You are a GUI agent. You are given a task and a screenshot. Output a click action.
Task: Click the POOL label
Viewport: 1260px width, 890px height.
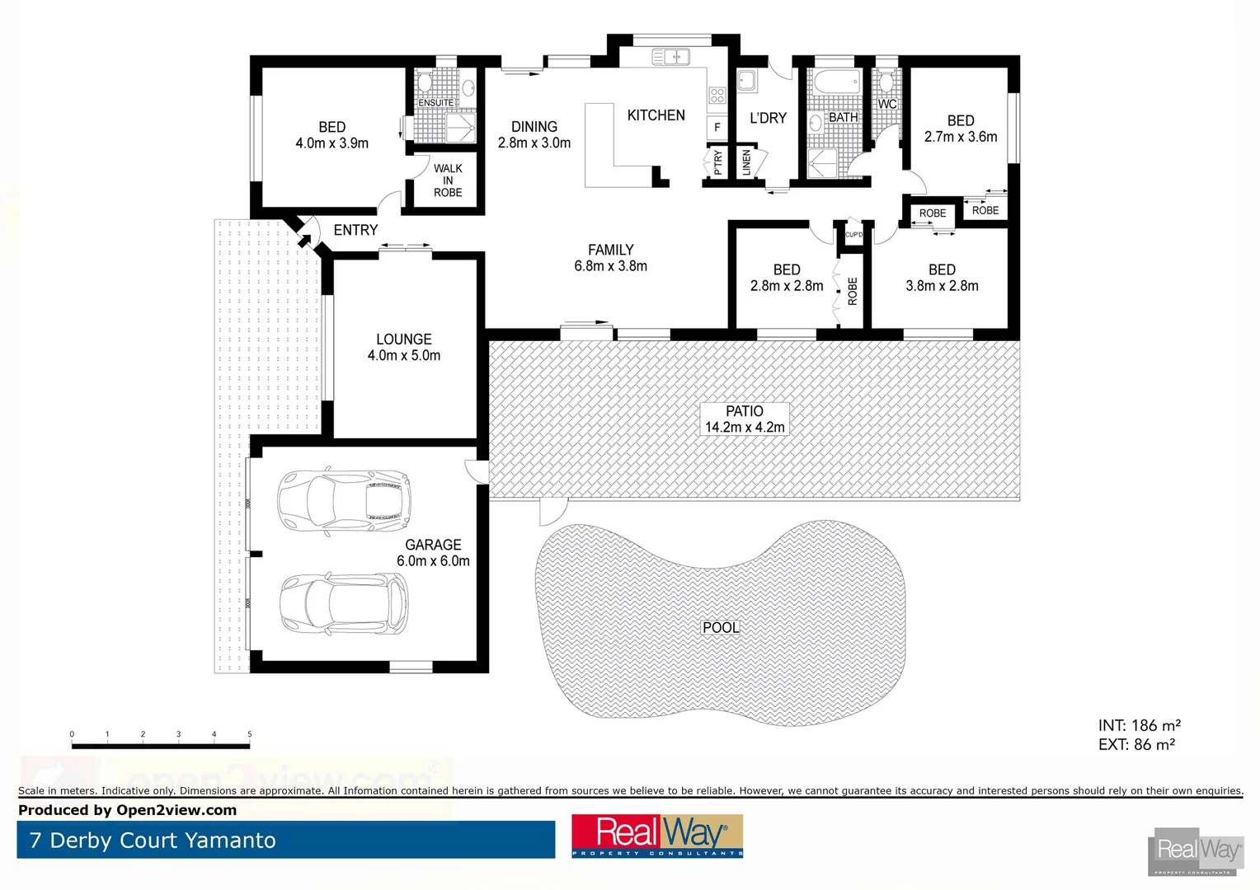721,627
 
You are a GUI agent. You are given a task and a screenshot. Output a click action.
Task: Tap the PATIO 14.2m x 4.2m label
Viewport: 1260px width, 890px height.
745,419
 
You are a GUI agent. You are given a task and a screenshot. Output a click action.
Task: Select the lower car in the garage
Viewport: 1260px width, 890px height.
344,603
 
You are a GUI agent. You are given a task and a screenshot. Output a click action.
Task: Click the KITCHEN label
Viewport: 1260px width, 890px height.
656,115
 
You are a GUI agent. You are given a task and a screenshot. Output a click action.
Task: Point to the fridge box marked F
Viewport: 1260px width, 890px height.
717,128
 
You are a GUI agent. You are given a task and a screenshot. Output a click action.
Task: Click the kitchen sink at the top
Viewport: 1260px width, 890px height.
670,57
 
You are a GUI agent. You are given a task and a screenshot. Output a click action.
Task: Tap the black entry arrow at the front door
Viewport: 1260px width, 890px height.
304,240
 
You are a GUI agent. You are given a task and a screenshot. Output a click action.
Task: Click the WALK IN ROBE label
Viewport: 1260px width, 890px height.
448,180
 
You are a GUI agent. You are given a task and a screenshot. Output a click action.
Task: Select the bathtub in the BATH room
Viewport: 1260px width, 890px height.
835,82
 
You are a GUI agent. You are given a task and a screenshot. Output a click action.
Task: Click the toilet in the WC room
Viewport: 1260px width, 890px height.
886,82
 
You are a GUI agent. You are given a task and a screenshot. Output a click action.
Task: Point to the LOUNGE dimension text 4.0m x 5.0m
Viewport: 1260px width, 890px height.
404,356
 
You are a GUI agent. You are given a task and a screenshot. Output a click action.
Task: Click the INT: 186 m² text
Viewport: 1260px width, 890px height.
1139,726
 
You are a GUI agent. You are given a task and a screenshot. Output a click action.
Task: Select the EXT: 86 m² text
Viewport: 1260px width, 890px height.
1136,745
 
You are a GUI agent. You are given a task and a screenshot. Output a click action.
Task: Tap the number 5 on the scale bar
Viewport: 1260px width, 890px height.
249,734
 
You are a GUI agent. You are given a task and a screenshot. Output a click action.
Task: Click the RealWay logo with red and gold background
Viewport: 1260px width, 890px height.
657,836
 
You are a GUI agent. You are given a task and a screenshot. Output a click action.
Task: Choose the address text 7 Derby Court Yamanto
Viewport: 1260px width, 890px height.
153,841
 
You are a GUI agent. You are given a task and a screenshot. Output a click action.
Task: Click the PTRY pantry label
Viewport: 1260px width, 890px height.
717,162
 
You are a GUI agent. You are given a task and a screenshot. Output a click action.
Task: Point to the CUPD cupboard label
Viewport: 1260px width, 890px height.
853,235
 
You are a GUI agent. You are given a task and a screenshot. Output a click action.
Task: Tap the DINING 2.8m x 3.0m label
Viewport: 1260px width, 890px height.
534,135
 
